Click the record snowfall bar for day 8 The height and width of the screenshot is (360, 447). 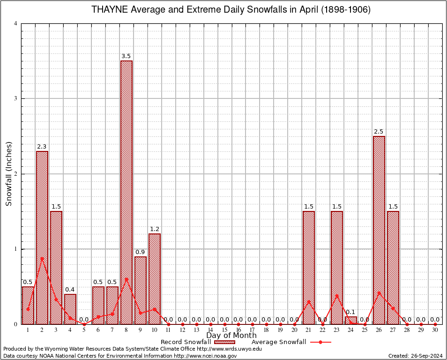point(127,192)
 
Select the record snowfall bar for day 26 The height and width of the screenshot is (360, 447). point(379,230)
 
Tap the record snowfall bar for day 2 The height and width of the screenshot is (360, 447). point(42,237)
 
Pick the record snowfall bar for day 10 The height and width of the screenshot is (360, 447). point(155,279)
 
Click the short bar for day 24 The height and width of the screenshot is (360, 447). point(351,320)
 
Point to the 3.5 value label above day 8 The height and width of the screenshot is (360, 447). point(126,56)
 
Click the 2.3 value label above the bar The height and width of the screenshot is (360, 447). point(42,147)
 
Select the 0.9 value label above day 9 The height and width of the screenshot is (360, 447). point(140,252)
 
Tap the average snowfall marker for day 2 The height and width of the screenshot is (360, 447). point(42,258)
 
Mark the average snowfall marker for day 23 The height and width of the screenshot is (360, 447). point(337,296)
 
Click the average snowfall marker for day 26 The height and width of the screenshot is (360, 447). point(379,293)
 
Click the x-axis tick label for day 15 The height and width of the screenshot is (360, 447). point(224,330)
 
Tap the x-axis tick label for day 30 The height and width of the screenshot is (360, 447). point(435,330)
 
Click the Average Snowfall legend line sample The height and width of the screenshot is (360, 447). point(320,342)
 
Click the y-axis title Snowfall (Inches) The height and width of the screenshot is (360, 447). point(8,174)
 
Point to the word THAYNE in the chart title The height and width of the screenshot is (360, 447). point(108,10)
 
